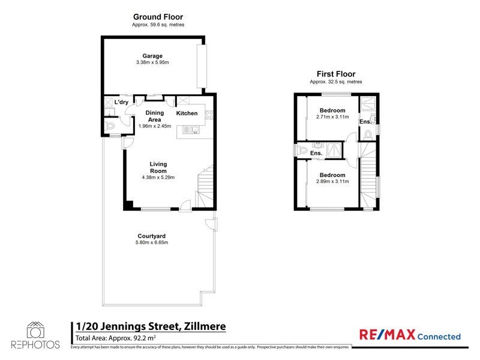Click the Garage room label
click(152, 56)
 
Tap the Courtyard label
click(151, 236)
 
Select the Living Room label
click(158, 167)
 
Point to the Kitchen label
click(187, 113)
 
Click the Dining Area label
click(155, 116)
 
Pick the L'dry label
click(121, 102)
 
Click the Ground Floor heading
click(158, 17)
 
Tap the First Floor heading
click(335, 74)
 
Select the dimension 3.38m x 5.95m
click(152, 62)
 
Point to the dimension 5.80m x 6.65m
click(151, 242)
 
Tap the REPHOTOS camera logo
click(35, 331)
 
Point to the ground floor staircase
click(205, 186)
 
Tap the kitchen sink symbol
click(191, 129)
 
